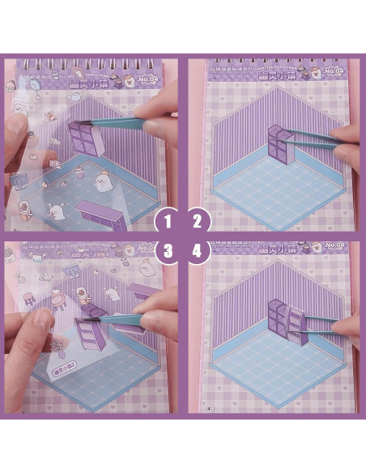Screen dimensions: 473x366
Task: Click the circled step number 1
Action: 168,219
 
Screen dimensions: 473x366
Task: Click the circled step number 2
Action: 198,219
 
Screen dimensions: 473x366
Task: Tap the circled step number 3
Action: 168,250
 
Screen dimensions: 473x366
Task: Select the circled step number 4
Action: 198,250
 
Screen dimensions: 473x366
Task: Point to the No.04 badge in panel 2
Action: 340,70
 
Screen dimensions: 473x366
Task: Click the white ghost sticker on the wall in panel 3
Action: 85,294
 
